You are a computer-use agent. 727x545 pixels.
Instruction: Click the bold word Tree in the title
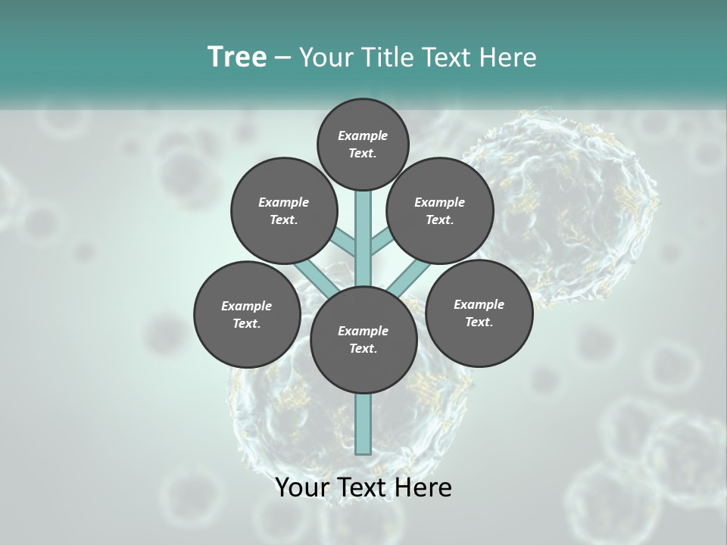tap(237, 57)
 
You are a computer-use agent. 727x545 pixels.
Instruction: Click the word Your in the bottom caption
tap(303, 487)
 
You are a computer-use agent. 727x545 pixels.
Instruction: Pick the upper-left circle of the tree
tap(284, 210)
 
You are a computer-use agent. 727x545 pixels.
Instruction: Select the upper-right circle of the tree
tap(440, 210)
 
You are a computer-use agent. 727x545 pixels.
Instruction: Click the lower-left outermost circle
tap(247, 314)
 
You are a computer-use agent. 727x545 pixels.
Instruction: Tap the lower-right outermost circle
tap(479, 313)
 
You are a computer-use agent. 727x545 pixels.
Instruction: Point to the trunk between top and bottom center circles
tap(363, 242)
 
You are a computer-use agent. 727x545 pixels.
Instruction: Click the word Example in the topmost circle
tap(363, 135)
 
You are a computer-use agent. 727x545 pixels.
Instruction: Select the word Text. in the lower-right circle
tap(479, 322)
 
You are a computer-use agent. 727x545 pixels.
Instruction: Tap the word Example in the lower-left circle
tap(247, 306)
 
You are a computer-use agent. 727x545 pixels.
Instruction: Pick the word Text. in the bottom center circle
tap(363, 348)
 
